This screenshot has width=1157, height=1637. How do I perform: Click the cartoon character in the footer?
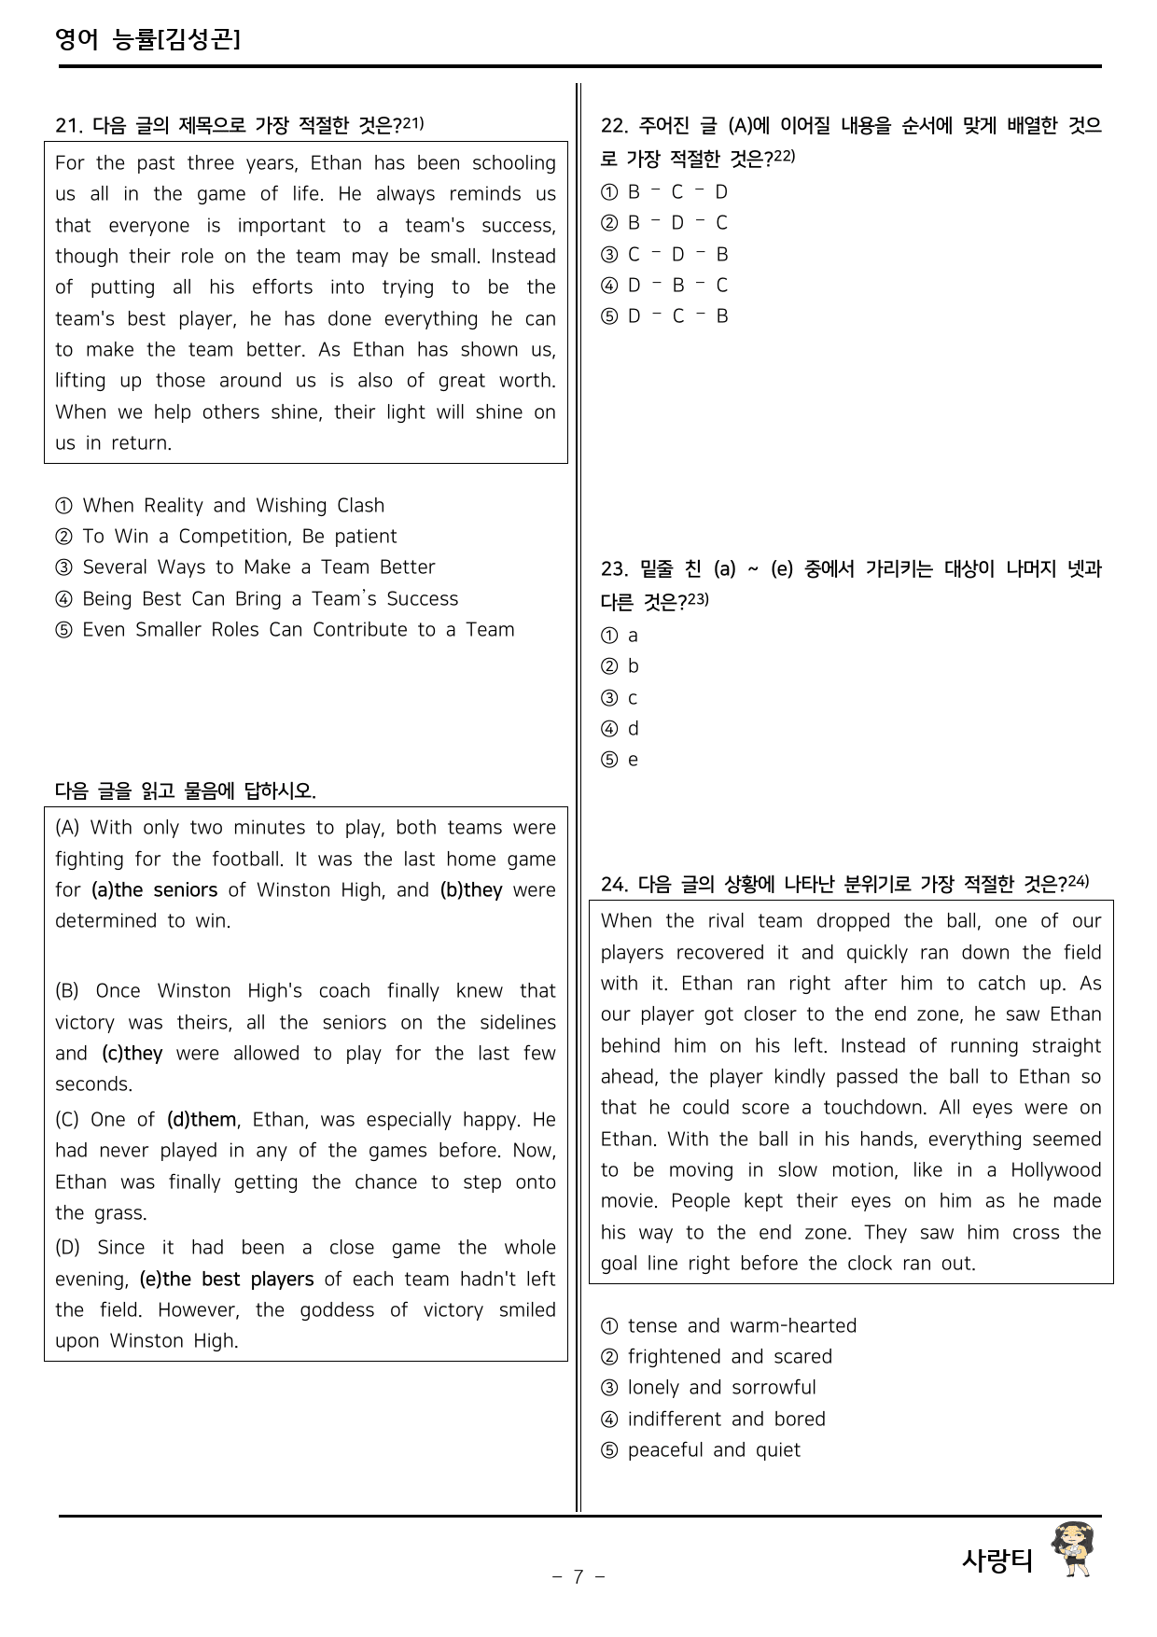point(1073,1550)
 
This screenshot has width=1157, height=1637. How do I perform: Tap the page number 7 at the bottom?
point(578,1576)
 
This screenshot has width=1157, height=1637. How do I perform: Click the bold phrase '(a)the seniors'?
point(154,890)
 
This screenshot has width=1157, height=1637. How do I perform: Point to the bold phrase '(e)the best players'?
point(227,1280)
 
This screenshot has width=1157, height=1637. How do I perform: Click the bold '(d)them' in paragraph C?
point(202,1120)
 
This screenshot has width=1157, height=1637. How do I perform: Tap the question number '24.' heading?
point(614,884)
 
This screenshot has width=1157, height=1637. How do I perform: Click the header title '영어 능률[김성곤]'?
point(147,39)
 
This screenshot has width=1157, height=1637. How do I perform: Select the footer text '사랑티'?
point(997,1560)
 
